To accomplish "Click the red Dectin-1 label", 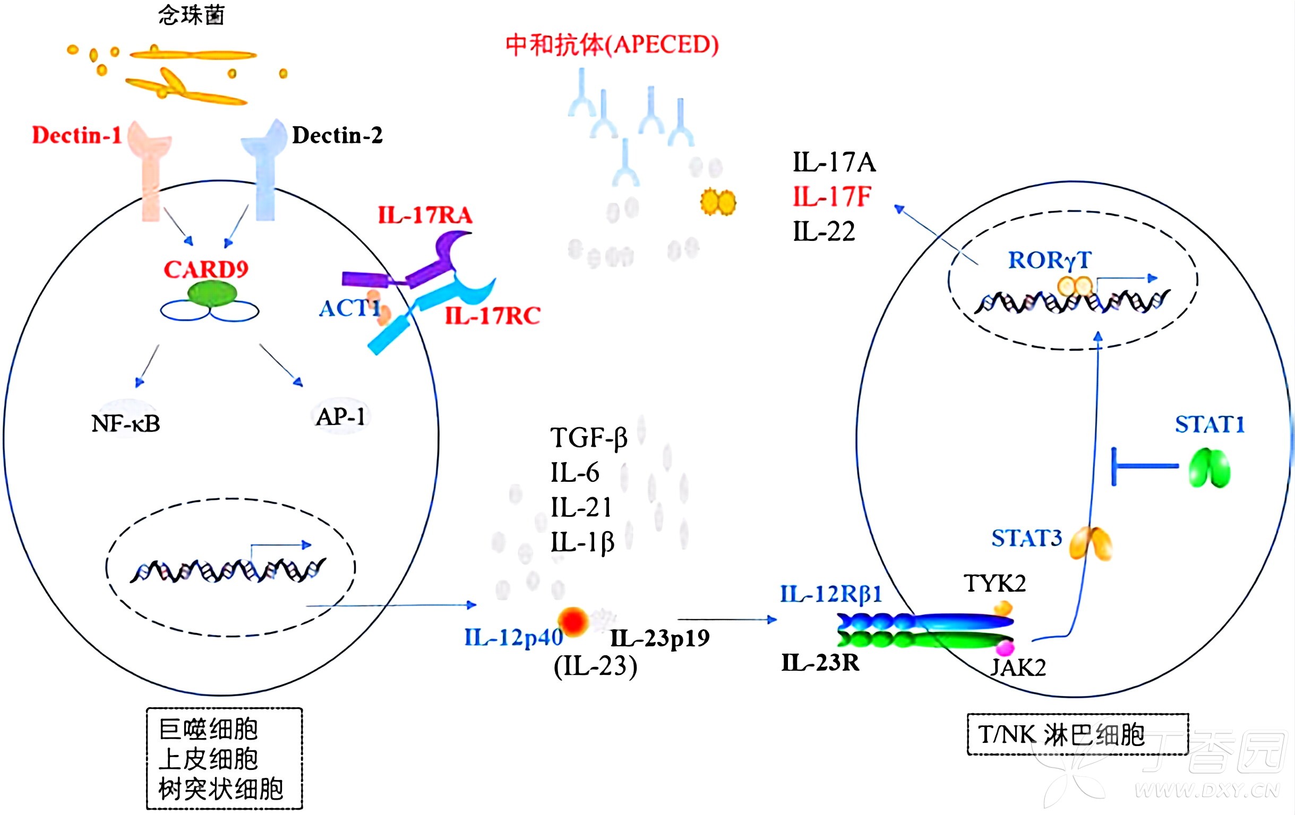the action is (x=77, y=135).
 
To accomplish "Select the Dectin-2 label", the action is (x=337, y=135).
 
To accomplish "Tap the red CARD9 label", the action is (x=206, y=270).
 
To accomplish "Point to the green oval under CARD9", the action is (x=212, y=294).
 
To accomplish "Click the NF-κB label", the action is (x=126, y=423).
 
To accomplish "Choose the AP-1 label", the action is (x=340, y=417).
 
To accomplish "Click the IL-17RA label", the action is (x=425, y=215).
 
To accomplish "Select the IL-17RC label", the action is (x=493, y=316).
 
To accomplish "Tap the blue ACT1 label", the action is (x=349, y=309).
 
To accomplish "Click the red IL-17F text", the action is (x=831, y=197).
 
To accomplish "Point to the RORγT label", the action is (x=1049, y=260).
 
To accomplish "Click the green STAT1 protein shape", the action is (x=1209, y=468).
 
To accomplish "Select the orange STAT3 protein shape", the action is (x=1090, y=543).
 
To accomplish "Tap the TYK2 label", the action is (x=994, y=583).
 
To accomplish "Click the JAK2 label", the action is (x=1018, y=667).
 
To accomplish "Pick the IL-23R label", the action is (x=820, y=663).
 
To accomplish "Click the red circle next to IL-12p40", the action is (x=573, y=622).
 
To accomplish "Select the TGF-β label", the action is (x=589, y=438).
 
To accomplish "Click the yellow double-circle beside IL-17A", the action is (x=718, y=202).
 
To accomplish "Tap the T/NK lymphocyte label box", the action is (x=1078, y=734).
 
